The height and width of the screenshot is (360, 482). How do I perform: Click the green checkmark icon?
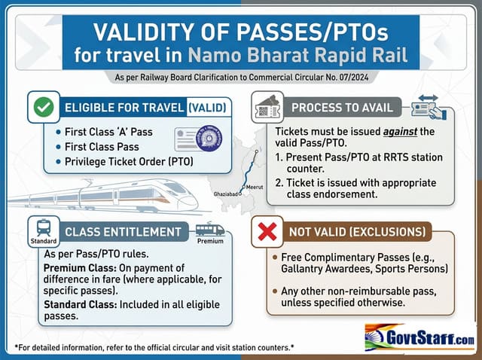(x=44, y=107)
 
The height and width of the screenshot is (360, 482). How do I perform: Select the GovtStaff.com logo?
(x=419, y=336)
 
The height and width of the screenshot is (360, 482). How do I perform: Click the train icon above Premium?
(x=210, y=230)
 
